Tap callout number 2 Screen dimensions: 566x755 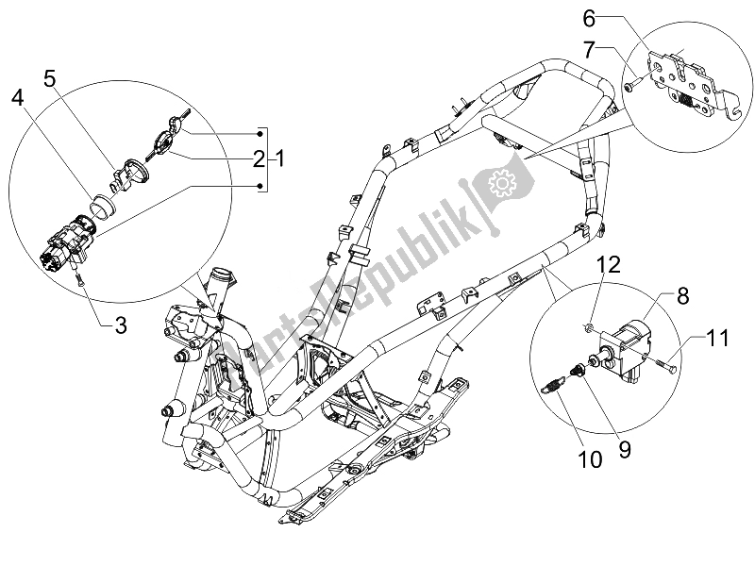tap(258, 158)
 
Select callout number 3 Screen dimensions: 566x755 tap(120, 326)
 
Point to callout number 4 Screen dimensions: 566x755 tap(18, 97)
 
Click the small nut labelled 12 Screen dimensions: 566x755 tap(587, 327)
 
